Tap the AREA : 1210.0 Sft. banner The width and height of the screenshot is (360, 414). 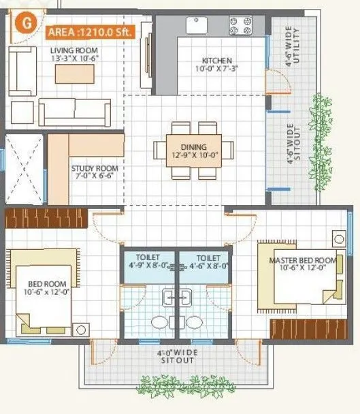tap(91, 31)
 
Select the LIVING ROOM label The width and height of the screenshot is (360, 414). tap(73, 51)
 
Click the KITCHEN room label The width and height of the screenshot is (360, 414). tap(216, 61)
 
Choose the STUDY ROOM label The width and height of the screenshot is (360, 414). tap(95, 168)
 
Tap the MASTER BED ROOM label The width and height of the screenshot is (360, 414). tap(302, 261)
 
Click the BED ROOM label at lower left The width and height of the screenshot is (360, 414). tap(46, 286)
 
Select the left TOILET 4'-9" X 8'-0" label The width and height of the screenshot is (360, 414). tap(148, 258)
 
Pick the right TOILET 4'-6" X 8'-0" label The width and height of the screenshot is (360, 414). tap(204, 258)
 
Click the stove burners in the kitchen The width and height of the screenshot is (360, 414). tap(240, 25)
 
